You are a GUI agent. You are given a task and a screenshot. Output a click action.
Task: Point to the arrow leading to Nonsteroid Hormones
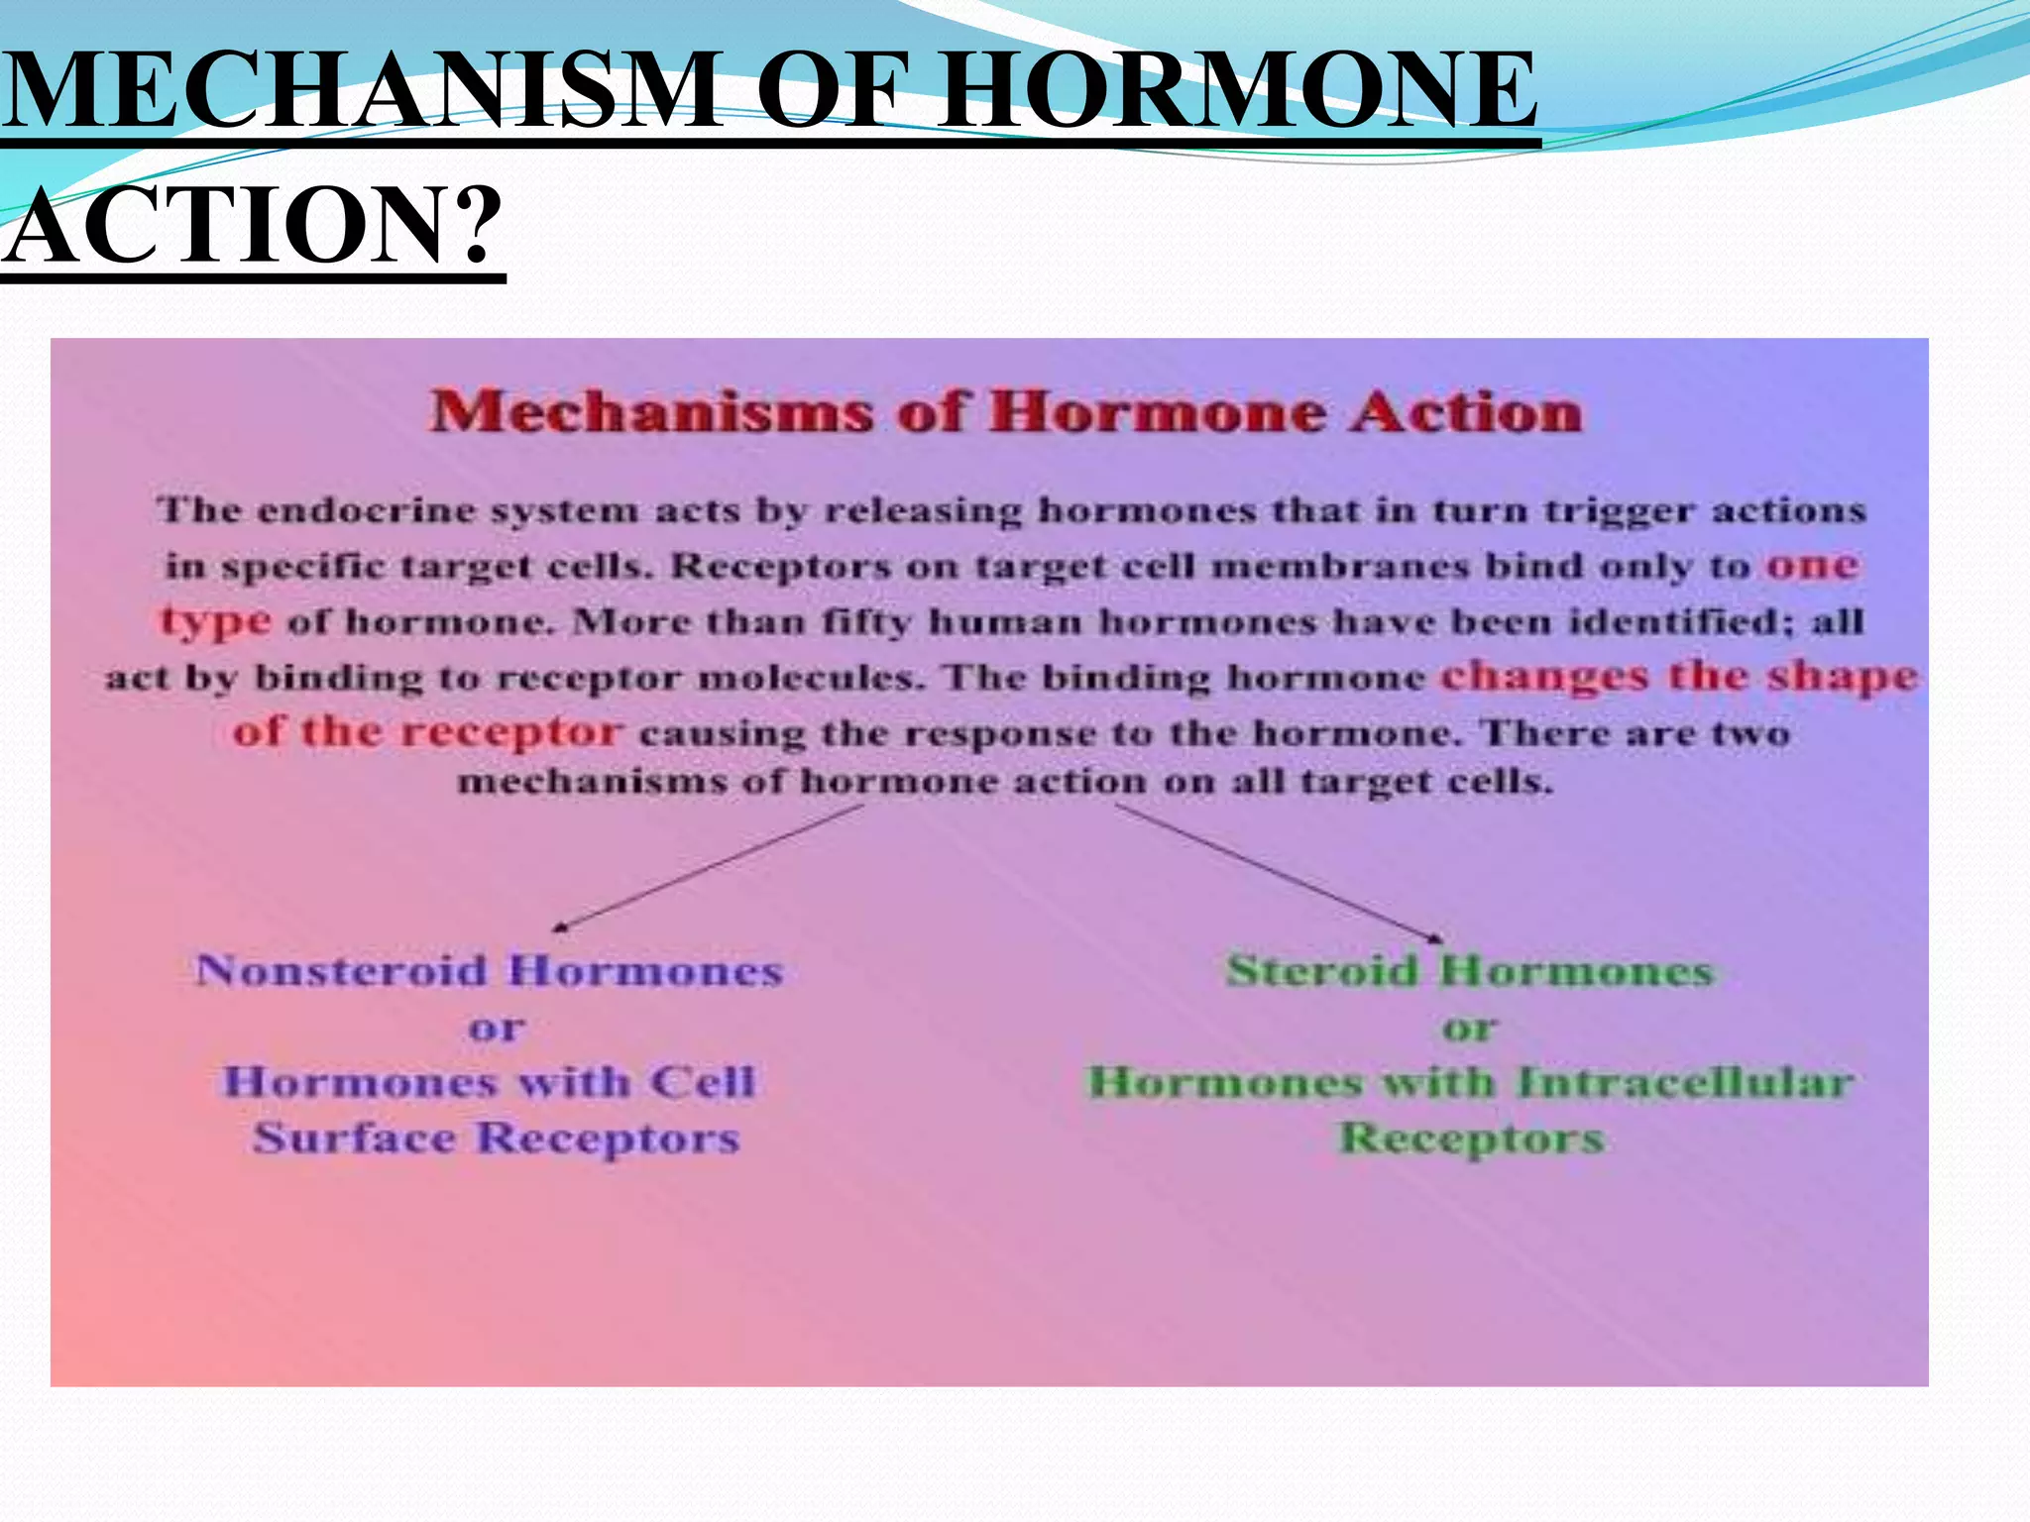pos(709,867)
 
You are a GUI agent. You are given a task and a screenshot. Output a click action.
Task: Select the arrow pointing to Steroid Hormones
pos(1279,872)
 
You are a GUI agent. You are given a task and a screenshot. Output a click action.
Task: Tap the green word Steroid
pos(1323,970)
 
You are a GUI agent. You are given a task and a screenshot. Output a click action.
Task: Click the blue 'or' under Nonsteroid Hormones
pos(497,1029)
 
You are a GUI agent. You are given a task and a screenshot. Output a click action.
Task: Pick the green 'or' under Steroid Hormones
pos(1470,1029)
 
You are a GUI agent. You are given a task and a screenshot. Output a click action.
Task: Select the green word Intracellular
pos(1685,1082)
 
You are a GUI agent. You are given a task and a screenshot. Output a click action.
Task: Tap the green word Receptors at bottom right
pos(1471,1139)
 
